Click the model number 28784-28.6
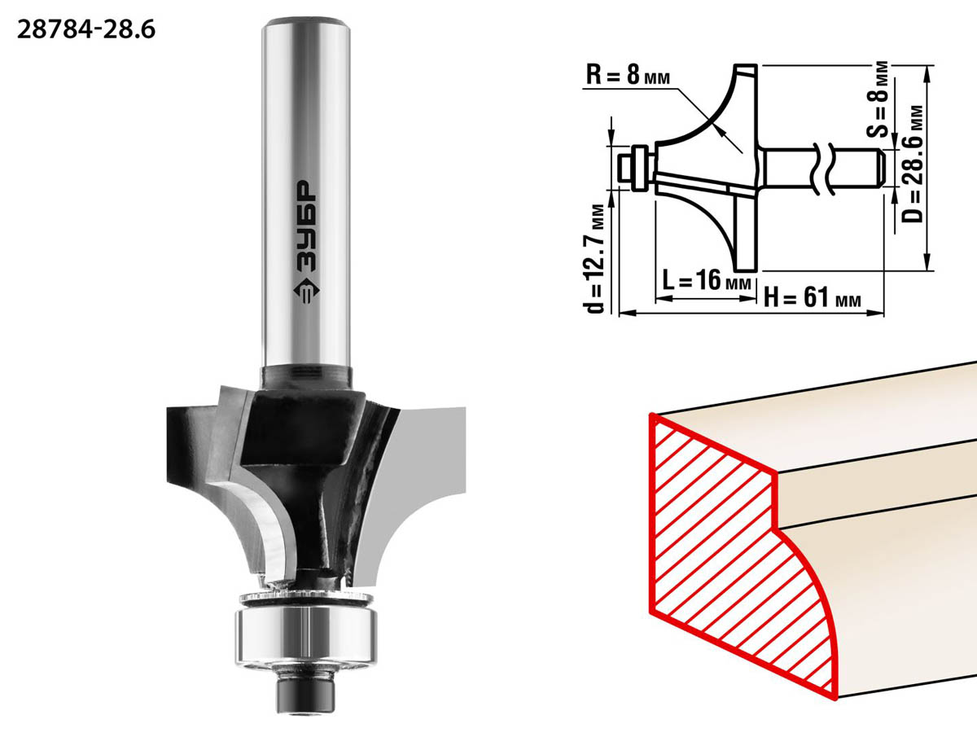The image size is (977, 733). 86,30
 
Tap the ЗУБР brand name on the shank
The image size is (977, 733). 306,226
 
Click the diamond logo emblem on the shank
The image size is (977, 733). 306,291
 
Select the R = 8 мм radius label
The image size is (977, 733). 628,75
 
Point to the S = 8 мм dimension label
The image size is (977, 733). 878,99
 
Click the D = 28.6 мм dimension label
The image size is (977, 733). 912,164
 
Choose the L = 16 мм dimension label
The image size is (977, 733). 707,280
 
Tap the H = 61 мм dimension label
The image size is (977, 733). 813,296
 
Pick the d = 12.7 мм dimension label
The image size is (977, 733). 594,258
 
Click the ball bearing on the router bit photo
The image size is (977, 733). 306,639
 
